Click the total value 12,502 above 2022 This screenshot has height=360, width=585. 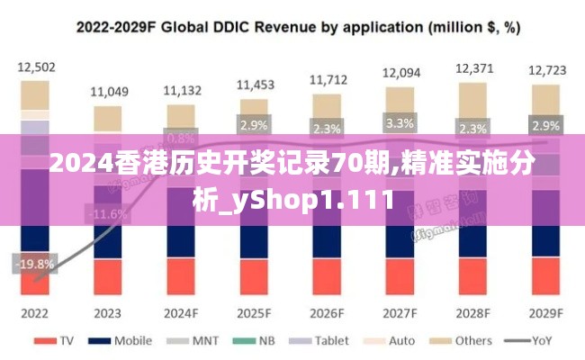tap(36, 67)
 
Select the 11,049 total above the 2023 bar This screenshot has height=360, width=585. tap(109, 91)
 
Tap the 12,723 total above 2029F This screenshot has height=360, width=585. tap(546, 69)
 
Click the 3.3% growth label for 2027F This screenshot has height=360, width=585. tap(400, 123)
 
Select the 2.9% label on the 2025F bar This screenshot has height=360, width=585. tap(254, 125)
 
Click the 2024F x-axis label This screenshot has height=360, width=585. tap(181, 313)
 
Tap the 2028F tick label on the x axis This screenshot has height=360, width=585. tap(472, 313)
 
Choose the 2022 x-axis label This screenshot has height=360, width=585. tap(35, 313)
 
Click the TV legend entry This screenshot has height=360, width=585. tap(59, 341)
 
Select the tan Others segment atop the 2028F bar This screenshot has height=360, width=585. tap(473, 100)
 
